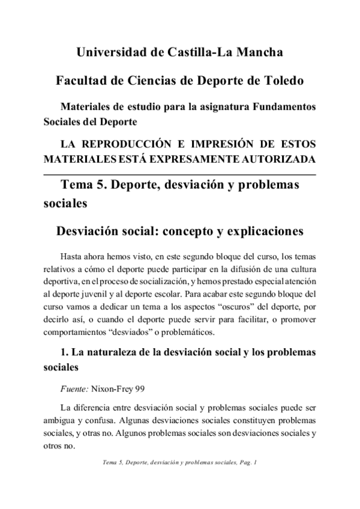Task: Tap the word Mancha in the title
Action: tap(257, 53)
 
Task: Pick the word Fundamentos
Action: tap(284, 107)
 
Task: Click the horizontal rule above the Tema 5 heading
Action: tap(180, 174)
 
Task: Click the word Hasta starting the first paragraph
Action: tap(73, 253)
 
